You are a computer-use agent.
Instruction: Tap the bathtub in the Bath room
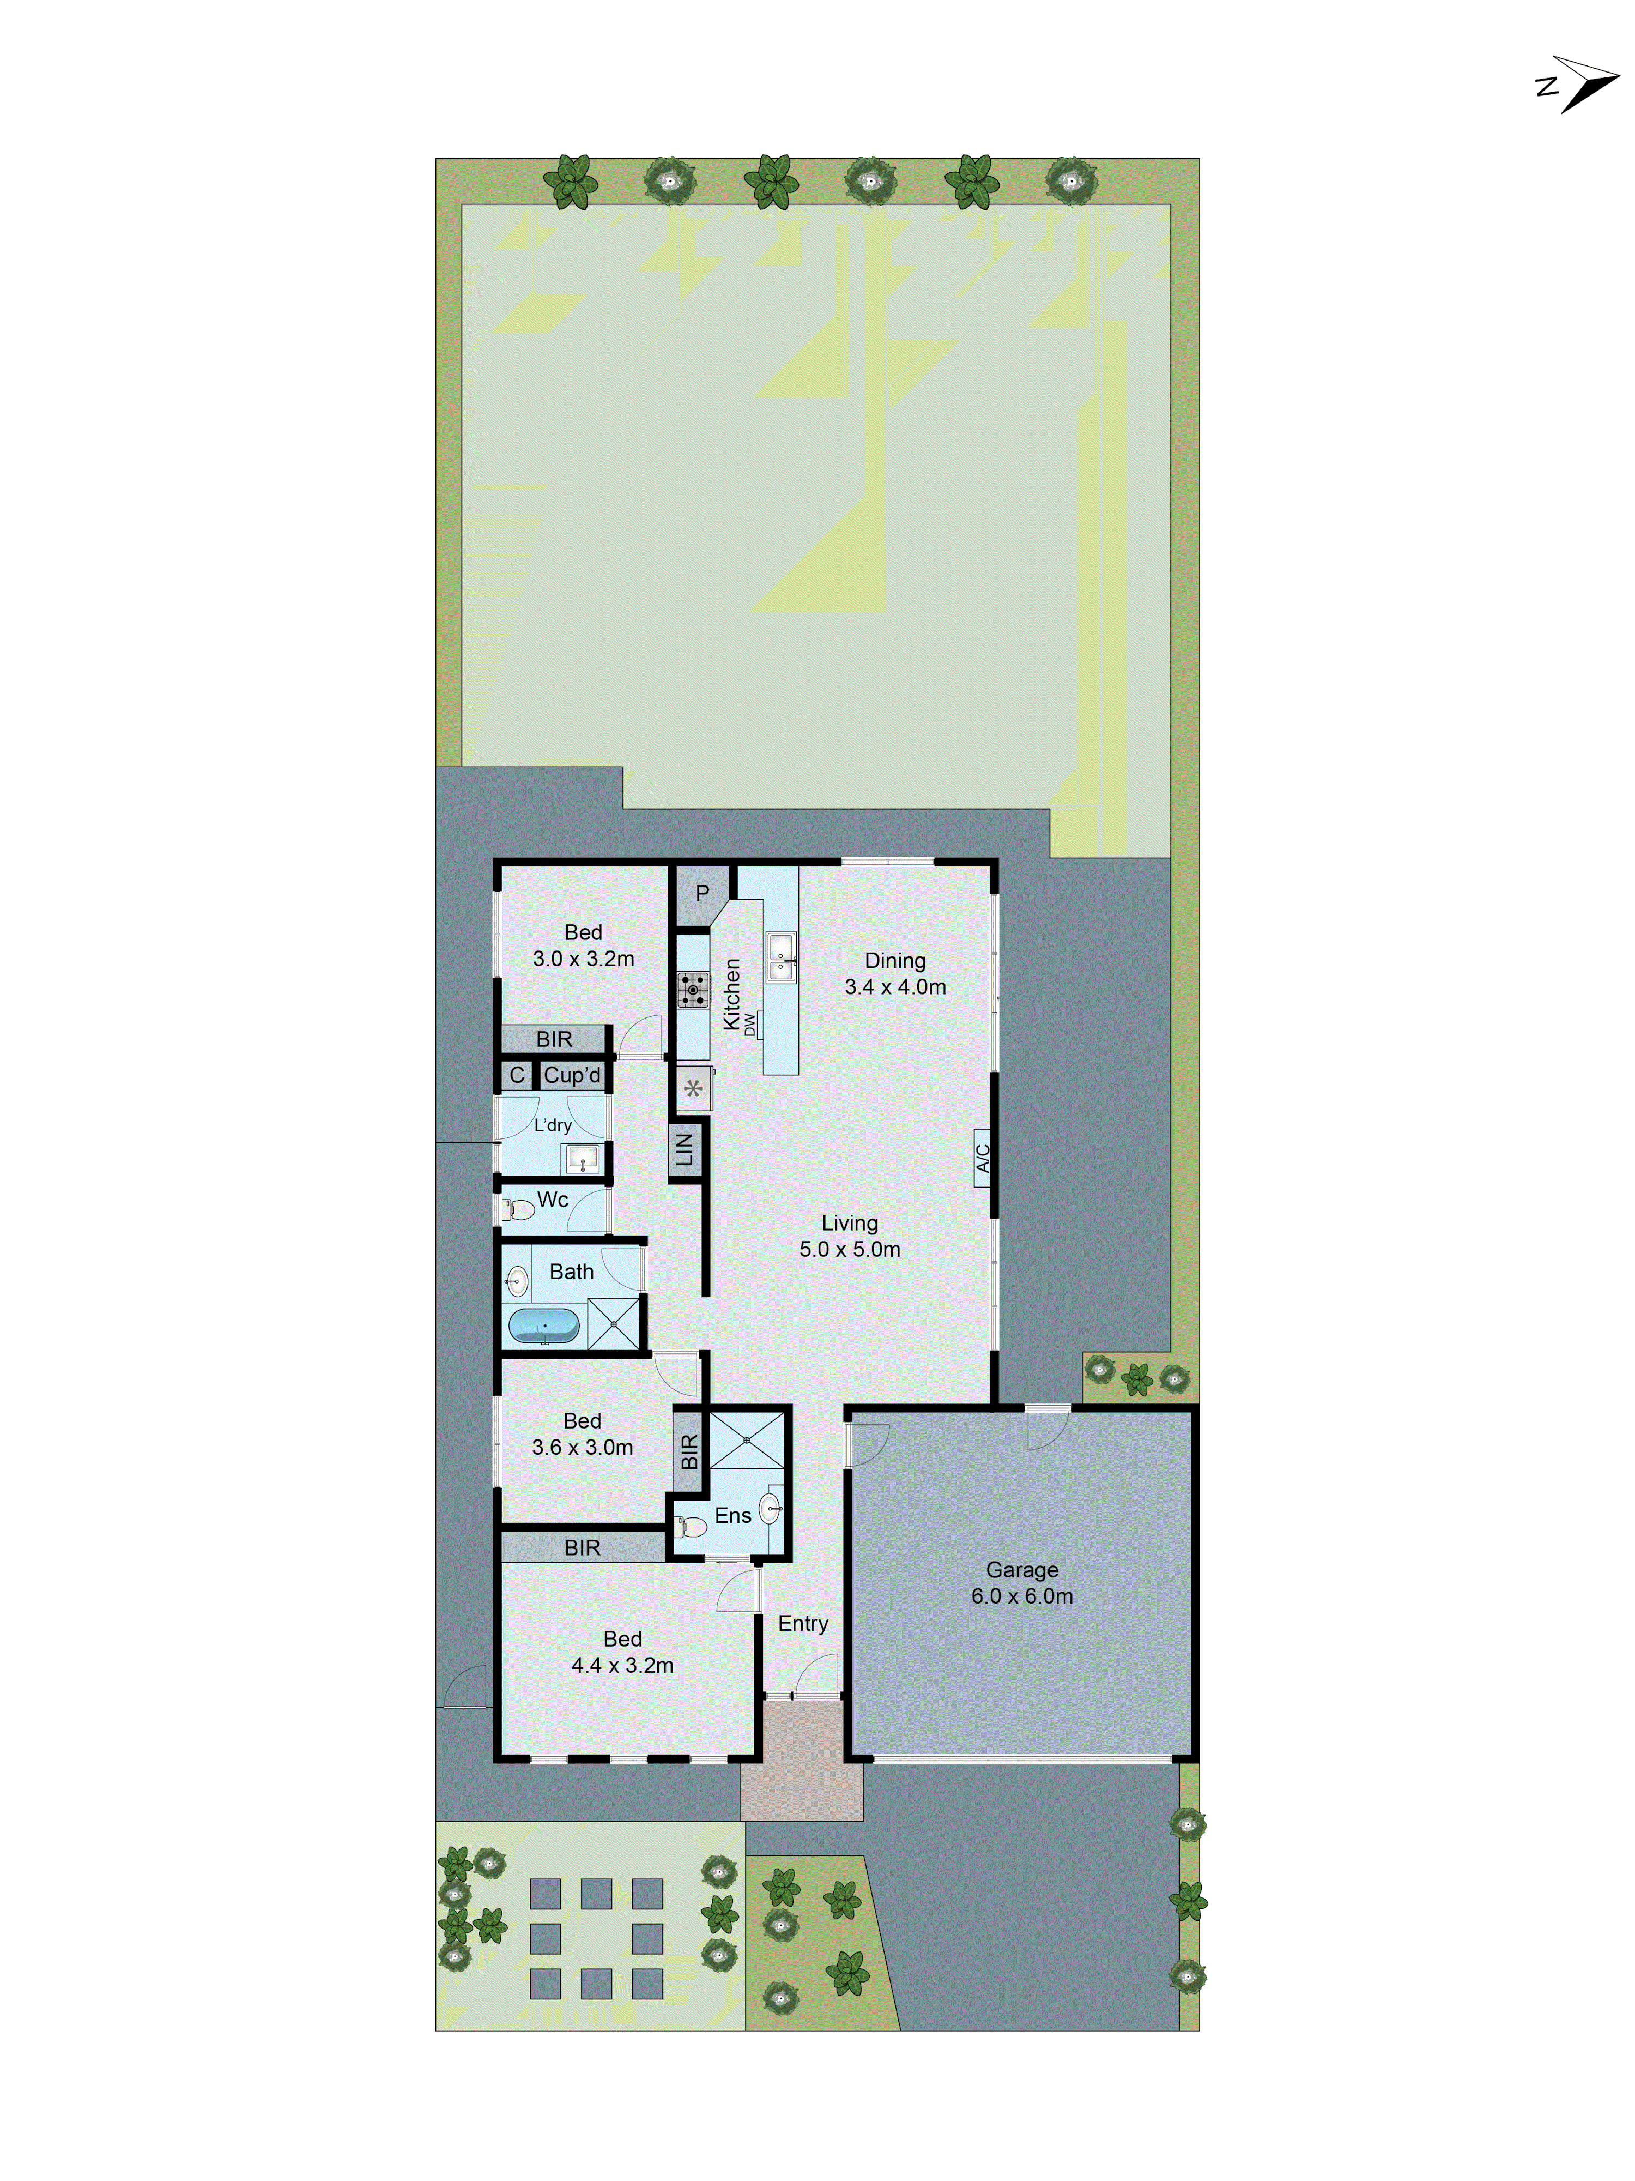pos(543,1326)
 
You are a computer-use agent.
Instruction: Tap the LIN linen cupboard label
pos(685,1149)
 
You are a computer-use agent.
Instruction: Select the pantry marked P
pos(702,893)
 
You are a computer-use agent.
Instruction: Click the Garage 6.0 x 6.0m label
pos(1022,1582)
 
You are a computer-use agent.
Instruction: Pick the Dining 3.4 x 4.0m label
pos(895,973)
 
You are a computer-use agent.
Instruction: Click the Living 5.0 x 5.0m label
pos(850,1236)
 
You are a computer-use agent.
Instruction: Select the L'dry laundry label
pos(552,1125)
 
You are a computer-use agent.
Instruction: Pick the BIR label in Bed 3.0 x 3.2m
pos(554,1039)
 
